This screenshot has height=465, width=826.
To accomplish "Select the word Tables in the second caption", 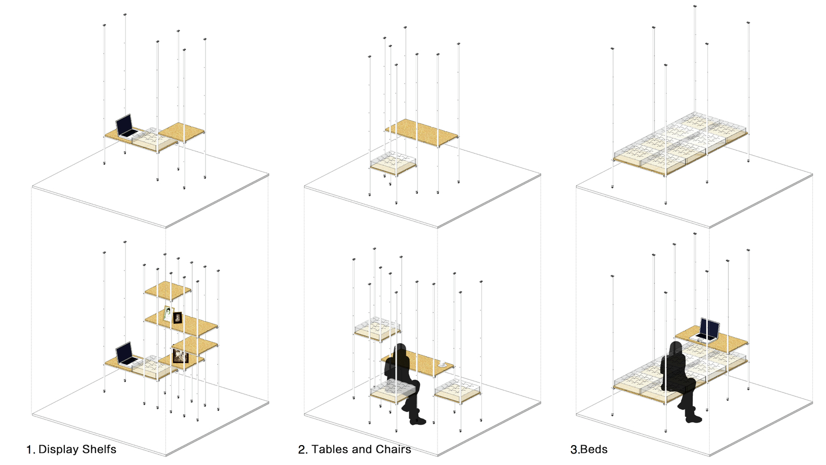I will (x=329, y=449).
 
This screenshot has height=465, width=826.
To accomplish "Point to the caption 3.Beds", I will (x=588, y=449).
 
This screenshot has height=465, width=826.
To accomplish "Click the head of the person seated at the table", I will (x=401, y=351).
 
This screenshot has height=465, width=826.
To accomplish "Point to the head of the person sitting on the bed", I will (x=676, y=348).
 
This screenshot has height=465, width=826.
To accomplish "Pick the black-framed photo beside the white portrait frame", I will (x=178, y=317).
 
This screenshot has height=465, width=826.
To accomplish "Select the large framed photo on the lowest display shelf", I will (x=180, y=356).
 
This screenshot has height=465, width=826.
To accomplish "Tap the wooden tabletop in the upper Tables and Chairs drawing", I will (x=422, y=132).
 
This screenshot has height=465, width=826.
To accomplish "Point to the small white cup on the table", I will (x=442, y=364).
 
